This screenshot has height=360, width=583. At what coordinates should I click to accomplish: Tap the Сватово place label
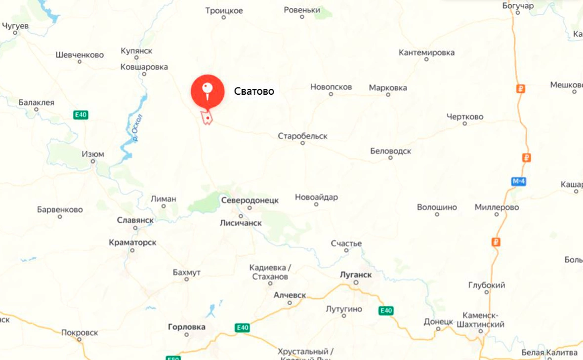point(254,91)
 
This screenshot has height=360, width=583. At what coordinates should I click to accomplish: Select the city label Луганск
point(356,274)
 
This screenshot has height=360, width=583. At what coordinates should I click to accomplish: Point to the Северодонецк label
point(250,200)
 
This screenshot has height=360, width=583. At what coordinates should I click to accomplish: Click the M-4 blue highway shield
point(518,182)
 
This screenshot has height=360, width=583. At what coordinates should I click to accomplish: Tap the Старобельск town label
point(302,136)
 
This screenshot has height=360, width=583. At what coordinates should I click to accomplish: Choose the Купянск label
point(136,51)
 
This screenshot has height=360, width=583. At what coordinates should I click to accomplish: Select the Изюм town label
point(93,154)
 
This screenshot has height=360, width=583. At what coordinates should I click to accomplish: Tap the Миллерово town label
point(497,207)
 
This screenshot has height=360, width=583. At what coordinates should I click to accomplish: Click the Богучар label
point(518,6)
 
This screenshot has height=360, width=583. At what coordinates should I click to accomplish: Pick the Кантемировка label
point(426,52)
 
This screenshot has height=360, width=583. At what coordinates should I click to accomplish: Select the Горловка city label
point(187,327)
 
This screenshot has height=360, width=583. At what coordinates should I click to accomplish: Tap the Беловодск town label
point(390,151)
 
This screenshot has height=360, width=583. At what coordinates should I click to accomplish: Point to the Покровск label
point(80,332)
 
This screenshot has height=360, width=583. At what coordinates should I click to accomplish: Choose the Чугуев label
point(15,26)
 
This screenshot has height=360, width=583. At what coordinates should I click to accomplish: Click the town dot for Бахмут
point(187,280)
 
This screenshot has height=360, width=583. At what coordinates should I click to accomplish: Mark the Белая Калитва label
point(549,353)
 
